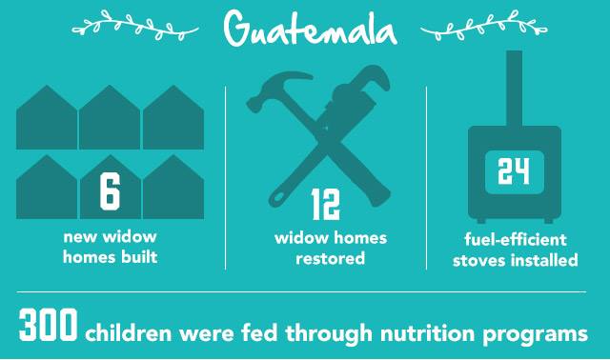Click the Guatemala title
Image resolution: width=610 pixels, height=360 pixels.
[x=310, y=28]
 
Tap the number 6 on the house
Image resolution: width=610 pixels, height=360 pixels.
[x=111, y=191]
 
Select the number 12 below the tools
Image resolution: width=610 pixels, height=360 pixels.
[x=326, y=204]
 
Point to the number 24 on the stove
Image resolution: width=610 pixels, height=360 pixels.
[x=514, y=171]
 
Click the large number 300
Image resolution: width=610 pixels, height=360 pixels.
[x=49, y=325]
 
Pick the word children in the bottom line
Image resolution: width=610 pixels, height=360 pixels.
[x=129, y=333]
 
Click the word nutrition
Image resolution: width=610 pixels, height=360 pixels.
[x=427, y=333]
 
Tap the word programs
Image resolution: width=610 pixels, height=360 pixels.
[x=536, y=335]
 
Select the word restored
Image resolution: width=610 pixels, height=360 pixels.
[x=331, y=258]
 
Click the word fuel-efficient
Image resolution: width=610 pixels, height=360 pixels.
[x=516, y=239]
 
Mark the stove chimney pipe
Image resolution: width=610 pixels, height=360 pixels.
[x=514, y=89]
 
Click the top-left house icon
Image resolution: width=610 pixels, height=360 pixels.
[x=47, y=117]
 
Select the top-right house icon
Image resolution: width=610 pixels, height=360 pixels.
[x=173, y=117]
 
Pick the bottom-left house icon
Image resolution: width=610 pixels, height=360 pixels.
[x=47, y=187]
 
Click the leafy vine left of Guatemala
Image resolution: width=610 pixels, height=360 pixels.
[x=135, y=27]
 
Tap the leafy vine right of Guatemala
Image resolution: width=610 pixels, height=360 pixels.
[x=484, y=27]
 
